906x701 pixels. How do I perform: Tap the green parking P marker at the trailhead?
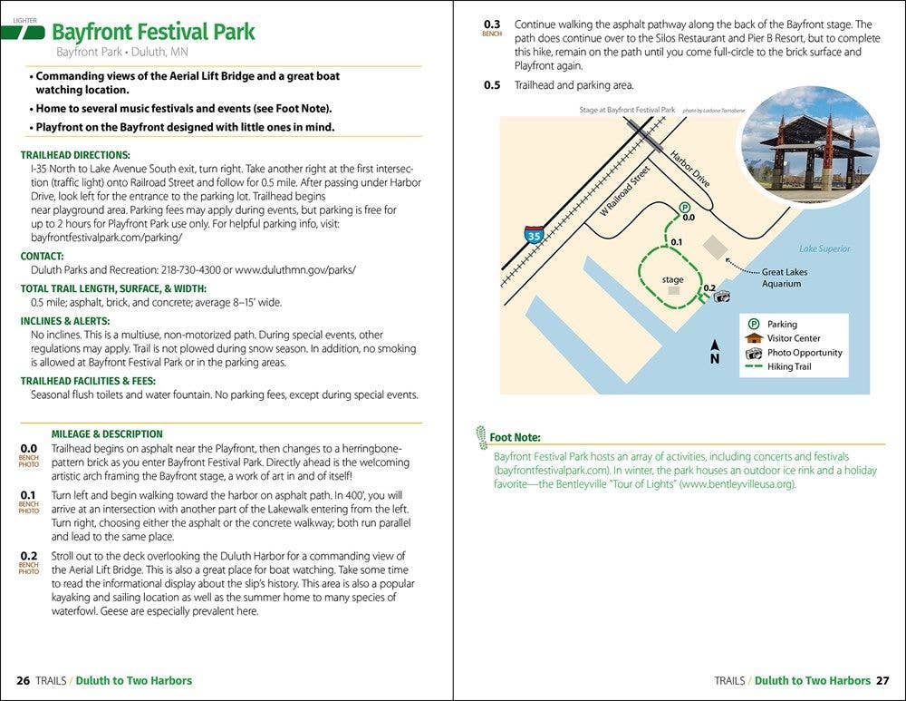tap(686, 207)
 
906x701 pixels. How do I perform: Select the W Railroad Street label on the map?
tap(624, 191)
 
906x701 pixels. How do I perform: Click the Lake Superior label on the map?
tap(824, 248)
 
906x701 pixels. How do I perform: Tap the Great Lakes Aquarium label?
tap(784, 277)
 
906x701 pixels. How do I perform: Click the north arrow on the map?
tap(715, 350)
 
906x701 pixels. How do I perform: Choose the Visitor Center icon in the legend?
tap(753, 338)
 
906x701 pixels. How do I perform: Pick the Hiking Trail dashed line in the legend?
tap(753, 366)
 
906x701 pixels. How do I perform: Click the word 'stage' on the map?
tap(672, 279)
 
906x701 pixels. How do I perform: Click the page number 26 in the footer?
tap(24, 680)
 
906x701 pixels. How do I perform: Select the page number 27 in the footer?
tap(882, 680)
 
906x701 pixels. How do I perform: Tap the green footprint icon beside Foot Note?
tap(481, 436)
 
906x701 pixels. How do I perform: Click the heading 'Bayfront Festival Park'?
tap(153, 33)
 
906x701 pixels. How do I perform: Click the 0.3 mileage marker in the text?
tap(492, 24)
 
